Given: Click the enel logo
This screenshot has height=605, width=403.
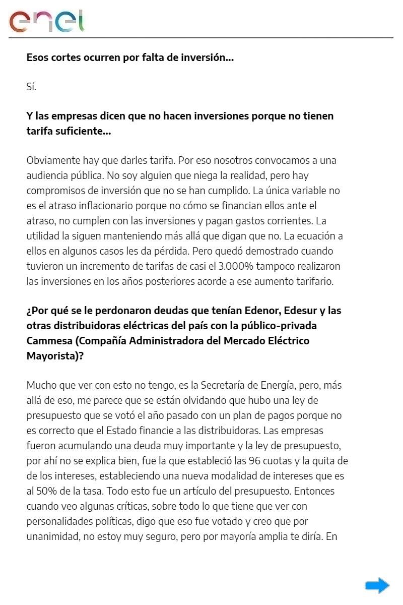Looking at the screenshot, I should (x=46, y=21).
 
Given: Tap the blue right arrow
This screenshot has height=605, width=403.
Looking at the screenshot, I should (x=377, y=585).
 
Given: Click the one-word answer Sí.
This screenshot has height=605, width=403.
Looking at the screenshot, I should (x=31, y=86).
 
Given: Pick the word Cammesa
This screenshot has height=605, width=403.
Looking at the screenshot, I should (x=48, y=340).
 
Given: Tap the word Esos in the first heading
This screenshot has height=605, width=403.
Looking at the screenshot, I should (x=37, y=57).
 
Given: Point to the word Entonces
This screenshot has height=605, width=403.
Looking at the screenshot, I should (x=314, y=491).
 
